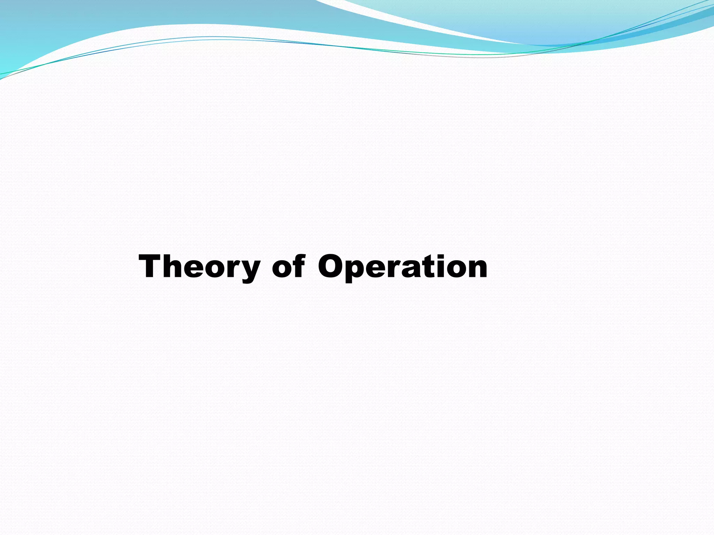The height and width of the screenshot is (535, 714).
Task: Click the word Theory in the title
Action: (x=199, y=267)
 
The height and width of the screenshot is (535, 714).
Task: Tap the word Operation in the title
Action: (x=403, y=267)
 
